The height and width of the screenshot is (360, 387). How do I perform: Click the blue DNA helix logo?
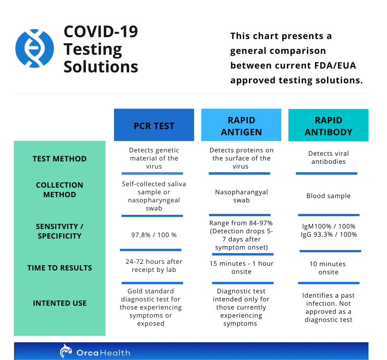[35, 48]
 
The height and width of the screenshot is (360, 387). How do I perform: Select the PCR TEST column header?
[154, 125]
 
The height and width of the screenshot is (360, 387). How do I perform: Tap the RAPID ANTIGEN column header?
[241, 126]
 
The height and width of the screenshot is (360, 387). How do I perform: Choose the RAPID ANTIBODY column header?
[328, 126]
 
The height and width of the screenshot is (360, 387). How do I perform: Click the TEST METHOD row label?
[60, 159]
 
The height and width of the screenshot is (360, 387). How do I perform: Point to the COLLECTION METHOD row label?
[60, 190]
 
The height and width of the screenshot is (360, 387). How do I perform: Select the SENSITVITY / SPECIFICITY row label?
[60, 231]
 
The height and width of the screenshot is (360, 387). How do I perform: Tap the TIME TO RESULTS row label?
[60, 268]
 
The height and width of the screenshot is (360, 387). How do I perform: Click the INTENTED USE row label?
[60, 303]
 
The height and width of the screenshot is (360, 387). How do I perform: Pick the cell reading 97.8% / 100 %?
[154, 235]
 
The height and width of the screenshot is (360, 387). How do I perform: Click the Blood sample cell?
[328, 196]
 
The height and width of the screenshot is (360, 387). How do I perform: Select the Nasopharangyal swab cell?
[241, 196]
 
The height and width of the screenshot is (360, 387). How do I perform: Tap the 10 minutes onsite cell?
[328, 268]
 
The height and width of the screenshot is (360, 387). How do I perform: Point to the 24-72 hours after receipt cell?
[154, 266]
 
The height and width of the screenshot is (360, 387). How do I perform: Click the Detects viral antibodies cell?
[328, 158]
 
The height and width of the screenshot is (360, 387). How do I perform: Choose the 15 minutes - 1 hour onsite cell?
[241, 267]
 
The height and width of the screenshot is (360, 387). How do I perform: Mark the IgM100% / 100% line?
[328, 226]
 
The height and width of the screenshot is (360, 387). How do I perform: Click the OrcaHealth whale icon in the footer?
[67, 351]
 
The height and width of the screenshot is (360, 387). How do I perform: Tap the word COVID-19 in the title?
[101, 32]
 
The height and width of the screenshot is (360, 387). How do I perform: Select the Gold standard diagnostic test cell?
[151, 307]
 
